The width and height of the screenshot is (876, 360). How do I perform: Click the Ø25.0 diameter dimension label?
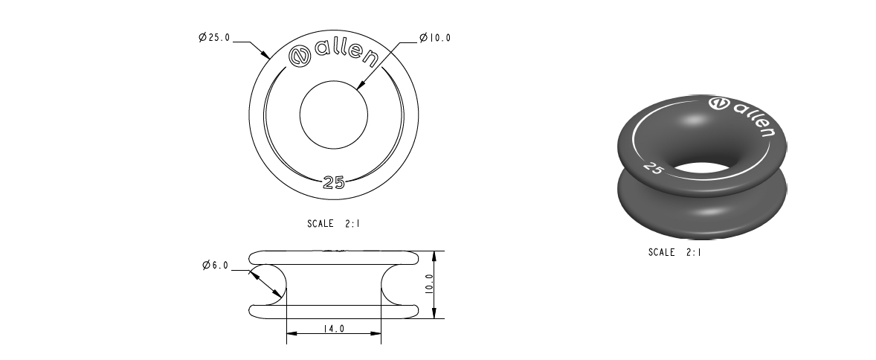pos(214,38)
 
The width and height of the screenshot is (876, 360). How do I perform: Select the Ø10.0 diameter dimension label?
pos(435,38)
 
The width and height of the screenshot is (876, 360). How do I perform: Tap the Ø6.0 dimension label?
pos(215,266)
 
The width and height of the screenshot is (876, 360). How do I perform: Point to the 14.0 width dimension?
pos(334,328)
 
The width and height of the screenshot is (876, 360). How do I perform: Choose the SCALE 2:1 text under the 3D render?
pos(674,252)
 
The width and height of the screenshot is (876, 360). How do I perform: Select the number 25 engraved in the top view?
pos(334,184)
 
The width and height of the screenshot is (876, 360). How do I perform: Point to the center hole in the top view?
pos(334,115)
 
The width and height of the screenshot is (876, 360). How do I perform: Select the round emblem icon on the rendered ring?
pos(719,103)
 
